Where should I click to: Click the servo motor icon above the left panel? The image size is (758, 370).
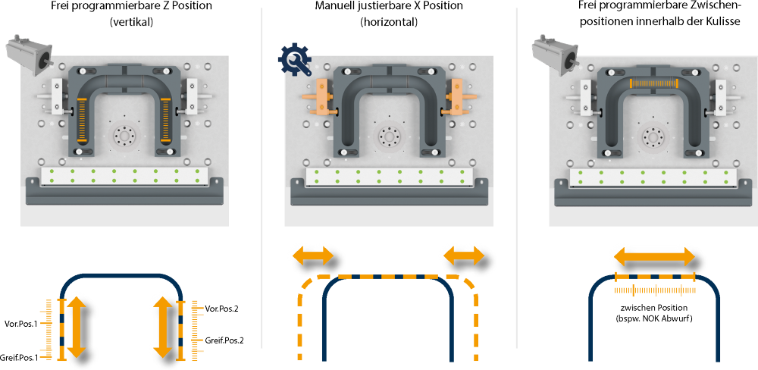(29, 55)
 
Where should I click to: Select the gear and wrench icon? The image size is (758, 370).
(294, 60)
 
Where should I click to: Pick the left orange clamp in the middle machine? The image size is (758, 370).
(321, 97)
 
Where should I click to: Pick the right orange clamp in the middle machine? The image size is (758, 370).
(458, 97)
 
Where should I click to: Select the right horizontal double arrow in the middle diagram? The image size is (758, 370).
(463, 256)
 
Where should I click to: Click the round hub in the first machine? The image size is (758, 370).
(124, 136)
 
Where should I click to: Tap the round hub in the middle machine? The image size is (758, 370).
(389, 136)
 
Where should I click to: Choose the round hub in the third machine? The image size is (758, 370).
(652, 137)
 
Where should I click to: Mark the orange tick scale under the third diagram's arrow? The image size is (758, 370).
(654, 290)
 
